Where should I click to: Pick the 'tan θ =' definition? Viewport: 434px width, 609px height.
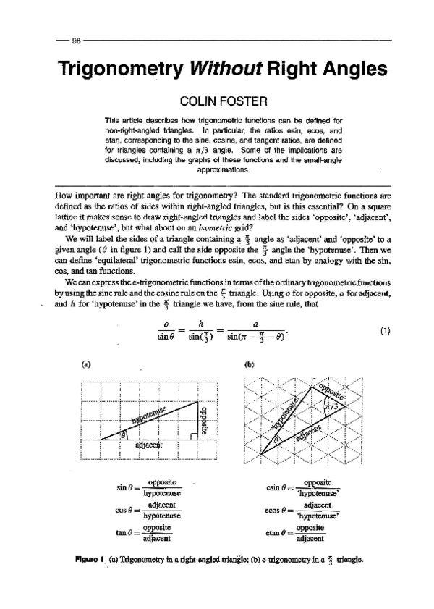tap(148, 534)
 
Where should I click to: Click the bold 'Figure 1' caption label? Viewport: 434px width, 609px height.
tap(98, 559)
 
